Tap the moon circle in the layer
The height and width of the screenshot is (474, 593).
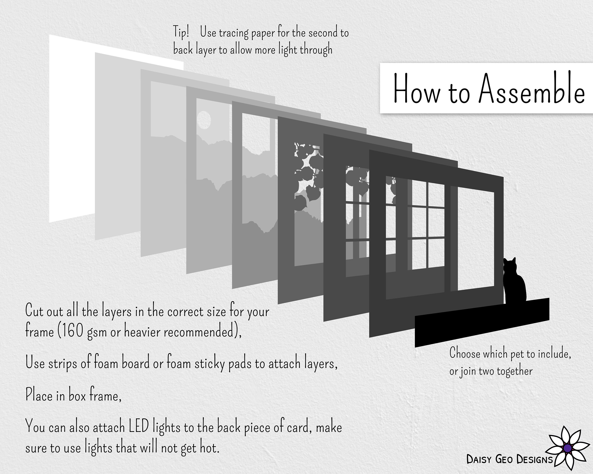(204, 120)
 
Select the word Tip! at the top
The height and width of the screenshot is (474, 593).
(181, 32)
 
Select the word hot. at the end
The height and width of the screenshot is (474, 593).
(210, 448)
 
